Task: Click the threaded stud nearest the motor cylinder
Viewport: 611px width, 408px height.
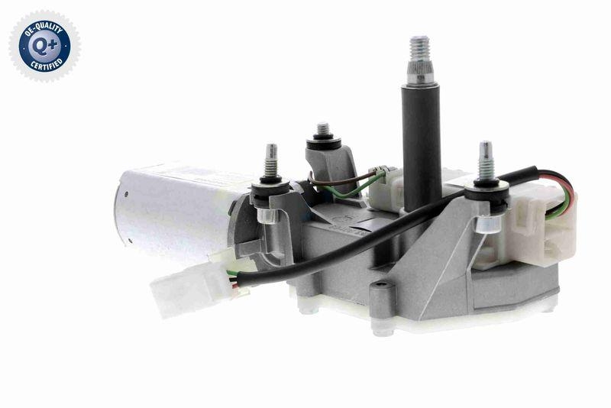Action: point(270,160)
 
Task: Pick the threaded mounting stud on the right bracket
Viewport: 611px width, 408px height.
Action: point(484,160)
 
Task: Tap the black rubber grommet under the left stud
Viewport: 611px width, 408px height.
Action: point(270,188)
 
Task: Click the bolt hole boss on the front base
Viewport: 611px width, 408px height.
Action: point(383,291)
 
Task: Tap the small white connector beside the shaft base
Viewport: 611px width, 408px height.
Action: point(386,189)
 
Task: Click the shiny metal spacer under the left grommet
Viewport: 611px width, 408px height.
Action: point(267,215)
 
